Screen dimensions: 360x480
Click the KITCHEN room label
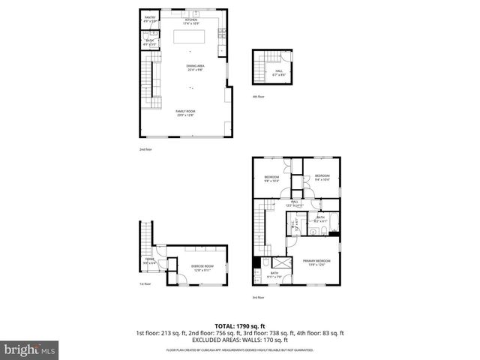[190, 21]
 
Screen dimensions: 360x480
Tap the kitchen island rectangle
[190, 37]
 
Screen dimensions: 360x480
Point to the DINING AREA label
[195, 67]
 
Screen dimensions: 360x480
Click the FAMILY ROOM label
[185, 113]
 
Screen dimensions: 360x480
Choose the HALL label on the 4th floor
[278, 72]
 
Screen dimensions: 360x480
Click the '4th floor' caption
[259, 97]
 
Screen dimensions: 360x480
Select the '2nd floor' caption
[145, 149]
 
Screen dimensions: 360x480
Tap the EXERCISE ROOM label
[202, 267]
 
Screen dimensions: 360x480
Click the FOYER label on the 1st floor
[150, 260]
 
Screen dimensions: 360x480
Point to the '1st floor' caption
[145, 284]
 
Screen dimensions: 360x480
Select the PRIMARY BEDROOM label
[316, 262]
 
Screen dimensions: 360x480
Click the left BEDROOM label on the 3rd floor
[271, 178]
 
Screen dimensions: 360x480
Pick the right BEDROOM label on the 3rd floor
[322, 178]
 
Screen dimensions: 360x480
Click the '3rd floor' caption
[258, 298]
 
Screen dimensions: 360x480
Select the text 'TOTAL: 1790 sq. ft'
[239, 326]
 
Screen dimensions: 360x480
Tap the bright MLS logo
[29, 349]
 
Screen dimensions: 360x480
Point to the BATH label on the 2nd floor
[150, 42]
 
